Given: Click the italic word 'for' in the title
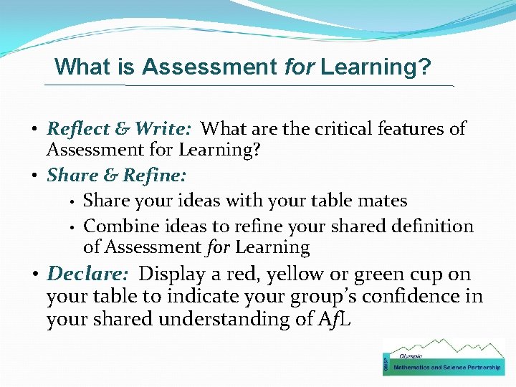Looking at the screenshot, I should coord(299,67).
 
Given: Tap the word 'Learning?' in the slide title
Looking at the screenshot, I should coord(376,67).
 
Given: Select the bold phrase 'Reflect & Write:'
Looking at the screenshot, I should coord(119,129).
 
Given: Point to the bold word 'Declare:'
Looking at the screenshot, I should coord(90,274).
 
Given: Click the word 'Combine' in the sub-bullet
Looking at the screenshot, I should coord(118,226).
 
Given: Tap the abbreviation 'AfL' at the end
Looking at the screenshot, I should coord(330,320).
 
